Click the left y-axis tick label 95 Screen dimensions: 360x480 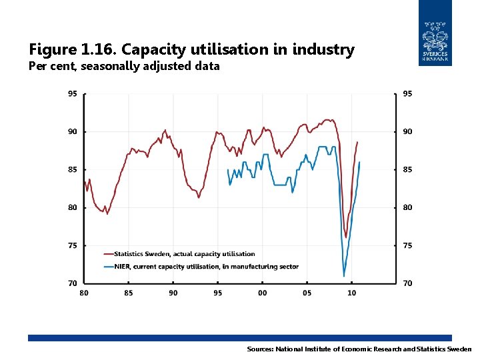click(72, 94)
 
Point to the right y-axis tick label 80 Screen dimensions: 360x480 click(407, 207)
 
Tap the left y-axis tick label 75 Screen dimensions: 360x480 click(72, 245)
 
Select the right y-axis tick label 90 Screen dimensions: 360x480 click(407, 131)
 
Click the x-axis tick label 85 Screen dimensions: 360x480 click(129, 293)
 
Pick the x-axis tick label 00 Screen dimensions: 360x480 click(263, 293)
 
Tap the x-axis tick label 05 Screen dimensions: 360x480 click(307, 293)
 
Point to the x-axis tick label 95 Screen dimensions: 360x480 click(218, 293)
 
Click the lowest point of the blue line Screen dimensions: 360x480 click(344, 276)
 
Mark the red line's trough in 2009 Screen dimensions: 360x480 click(346, 237)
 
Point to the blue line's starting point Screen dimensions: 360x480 click(228, 169)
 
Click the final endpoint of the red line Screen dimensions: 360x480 click(357, 141)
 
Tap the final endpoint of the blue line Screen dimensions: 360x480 click(359, 162)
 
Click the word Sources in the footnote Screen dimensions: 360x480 click(260, 349)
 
